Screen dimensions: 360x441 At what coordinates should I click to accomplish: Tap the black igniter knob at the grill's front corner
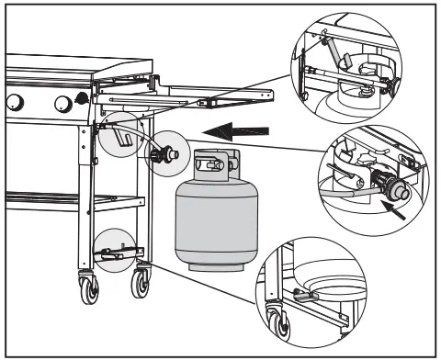pyautogui.click(x=84, y=97)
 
